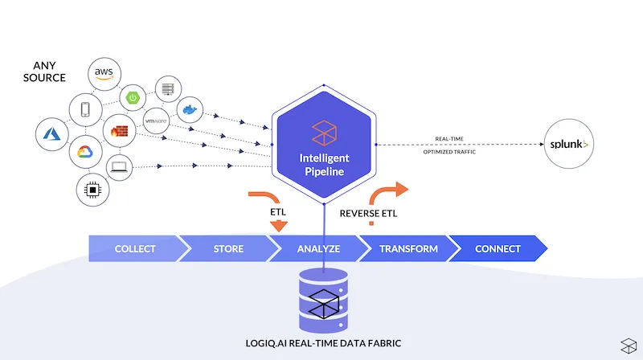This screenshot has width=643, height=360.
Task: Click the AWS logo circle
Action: point(104,74)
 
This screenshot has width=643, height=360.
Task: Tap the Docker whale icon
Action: point(190,109)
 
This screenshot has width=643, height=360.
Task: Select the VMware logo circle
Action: point(156,121)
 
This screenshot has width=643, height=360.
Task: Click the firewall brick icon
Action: point(119,131)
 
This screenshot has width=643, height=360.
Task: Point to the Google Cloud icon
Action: point(85,152)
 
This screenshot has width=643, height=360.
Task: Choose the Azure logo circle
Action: point(52,134)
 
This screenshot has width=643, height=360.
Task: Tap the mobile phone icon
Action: point(85,109)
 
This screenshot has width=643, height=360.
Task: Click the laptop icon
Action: point(119,167)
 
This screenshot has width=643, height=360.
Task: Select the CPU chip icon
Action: point(92,190)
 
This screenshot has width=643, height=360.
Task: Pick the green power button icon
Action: point(133,98)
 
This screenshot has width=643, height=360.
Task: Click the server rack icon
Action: point(168,89)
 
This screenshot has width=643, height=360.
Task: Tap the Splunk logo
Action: point(569,144)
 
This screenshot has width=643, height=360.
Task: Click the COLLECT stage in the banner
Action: point(135,248)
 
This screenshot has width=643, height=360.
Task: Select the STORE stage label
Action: point(228,249)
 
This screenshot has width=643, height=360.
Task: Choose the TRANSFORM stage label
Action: point(408,249)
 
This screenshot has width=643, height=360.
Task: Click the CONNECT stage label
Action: point(498,249)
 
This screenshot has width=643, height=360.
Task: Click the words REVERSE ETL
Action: point(368,214)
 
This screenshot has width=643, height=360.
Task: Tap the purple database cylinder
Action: point(324,301)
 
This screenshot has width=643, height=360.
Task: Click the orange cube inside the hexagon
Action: point(324,133)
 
